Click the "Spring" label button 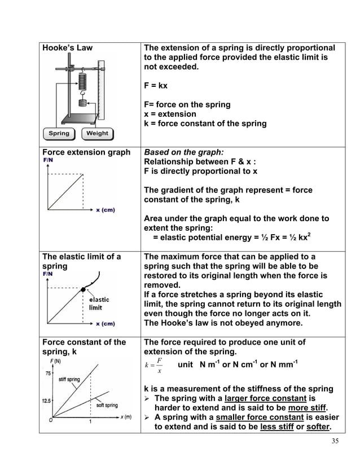59,134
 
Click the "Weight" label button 97,134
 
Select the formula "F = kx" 156,86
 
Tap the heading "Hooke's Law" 68,48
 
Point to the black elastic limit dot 84,289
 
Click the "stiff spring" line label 69,380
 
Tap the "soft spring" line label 107,405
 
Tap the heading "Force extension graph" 86,152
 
